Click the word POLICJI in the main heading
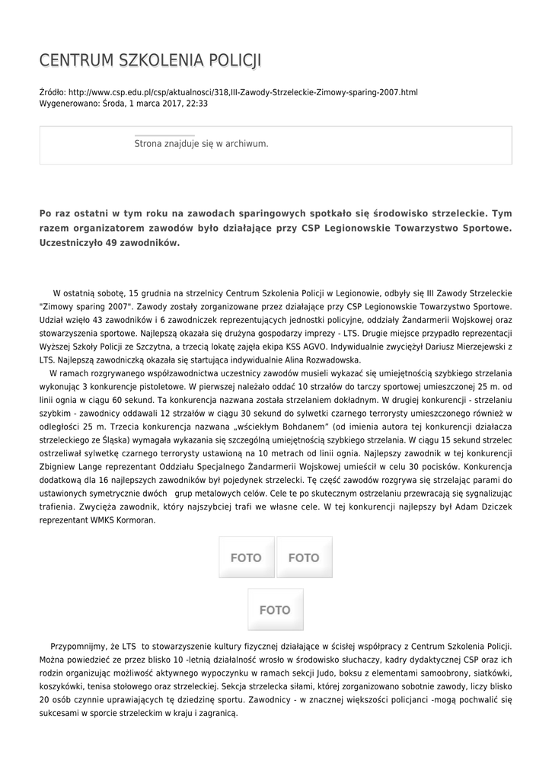coord(234,61)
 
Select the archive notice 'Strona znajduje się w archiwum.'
coord(201,143)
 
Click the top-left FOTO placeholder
coord(246,558)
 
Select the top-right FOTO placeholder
coord(304,558)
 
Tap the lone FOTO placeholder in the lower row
coord(275,609)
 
